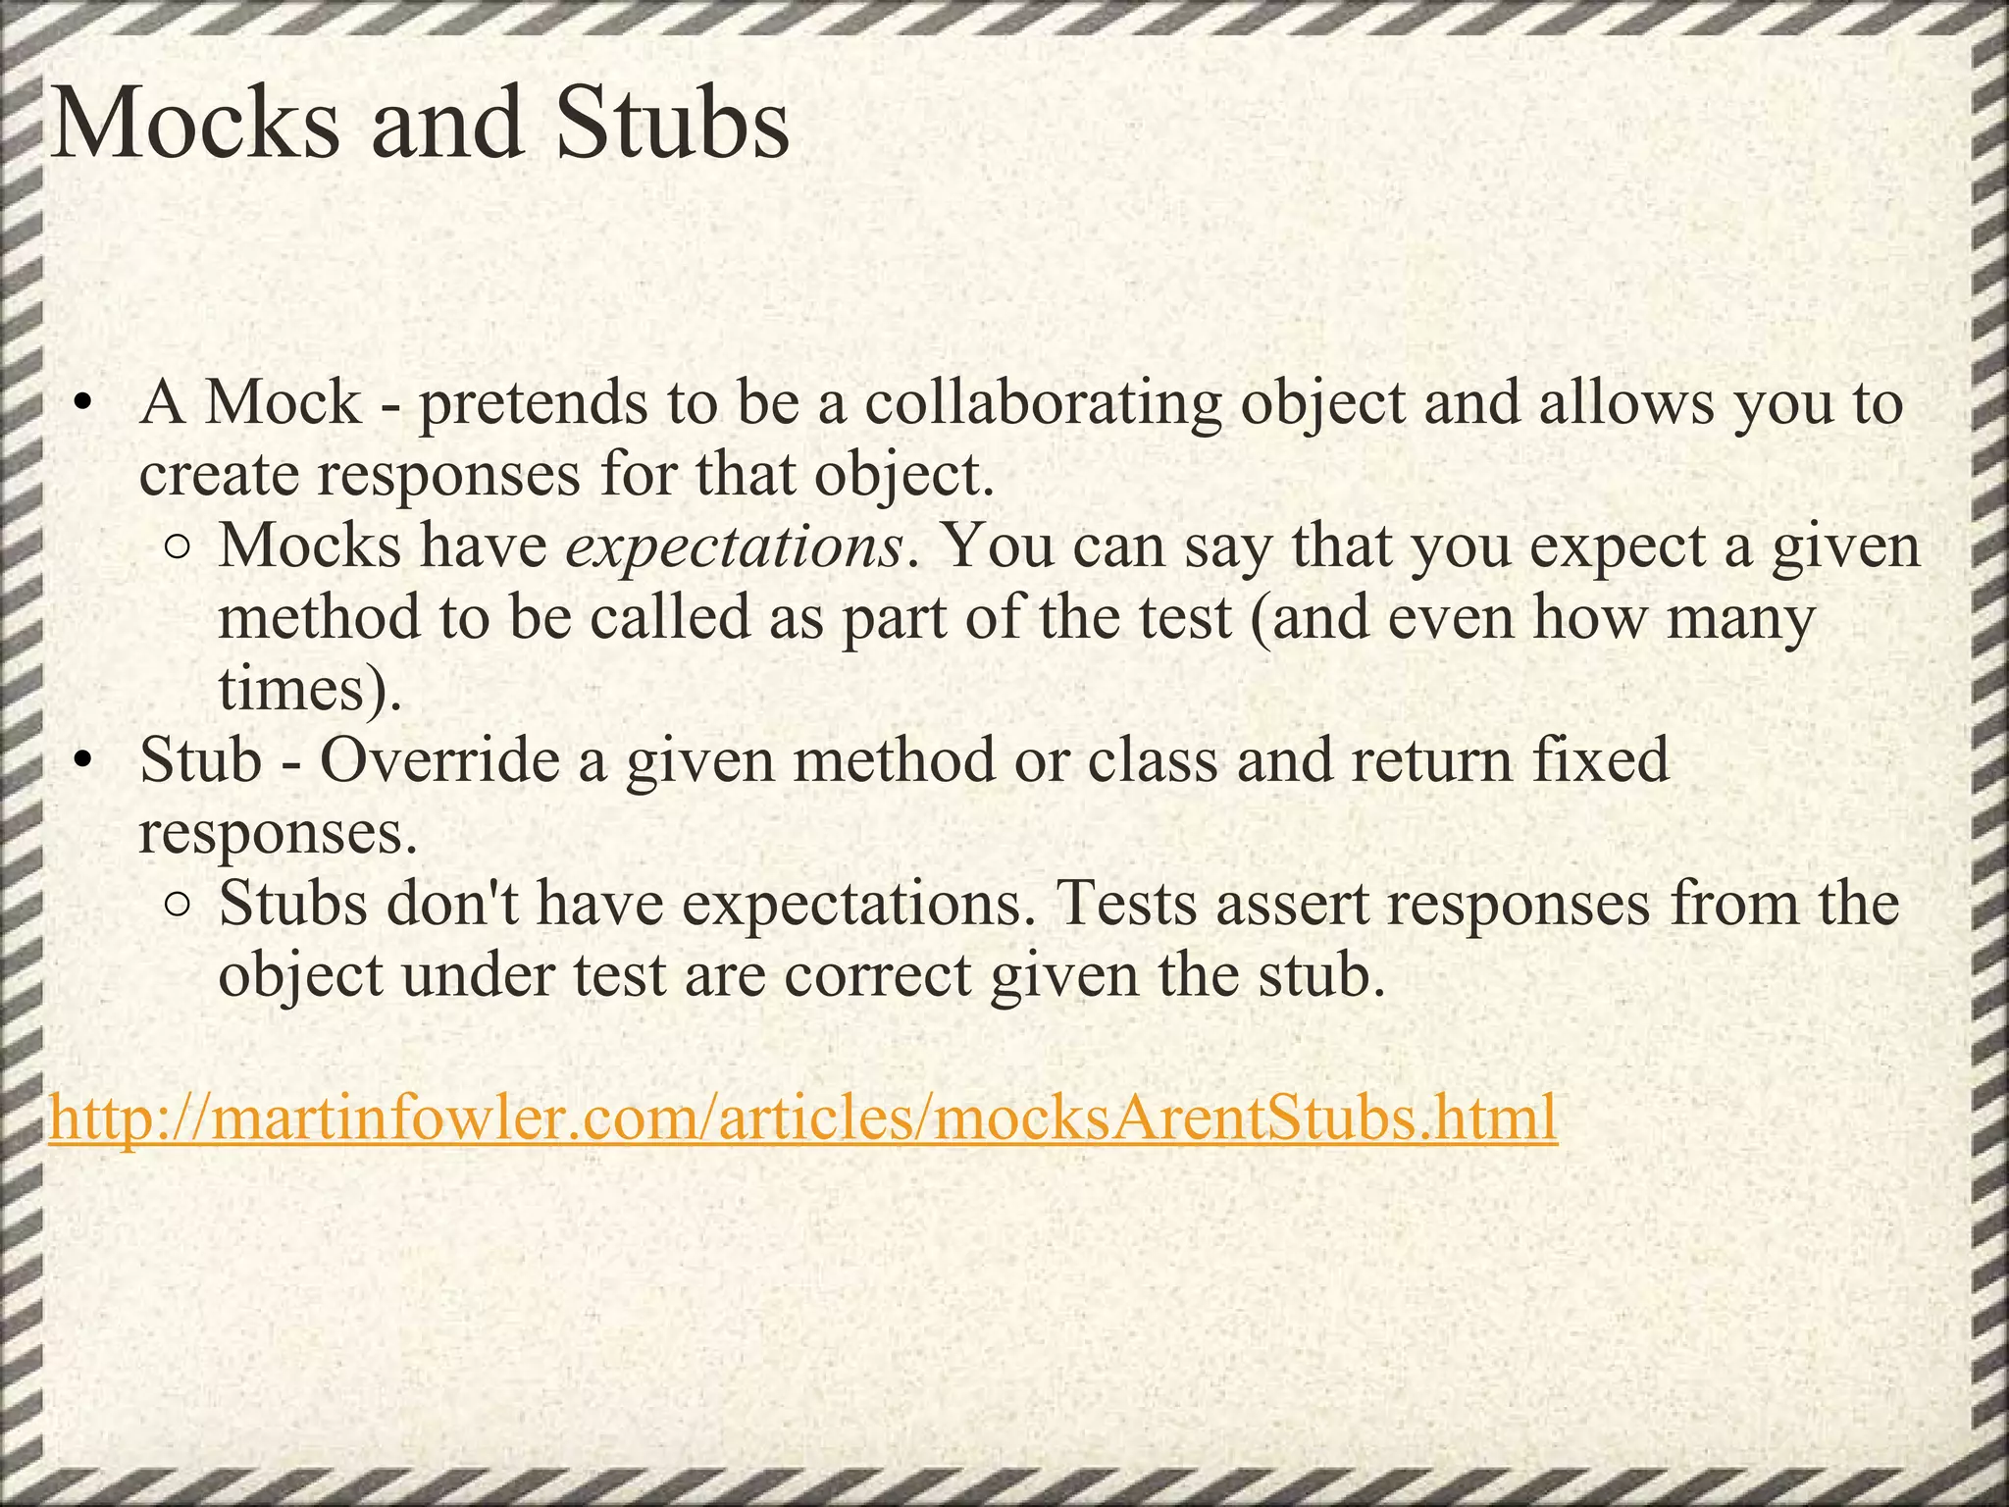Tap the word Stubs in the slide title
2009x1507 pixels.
[671, 125]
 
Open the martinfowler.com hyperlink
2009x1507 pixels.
[802, 1117]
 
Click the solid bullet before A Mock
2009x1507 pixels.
[85, 404]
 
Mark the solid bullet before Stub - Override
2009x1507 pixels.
[85, 761]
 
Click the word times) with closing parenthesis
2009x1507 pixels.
[310, 690]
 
